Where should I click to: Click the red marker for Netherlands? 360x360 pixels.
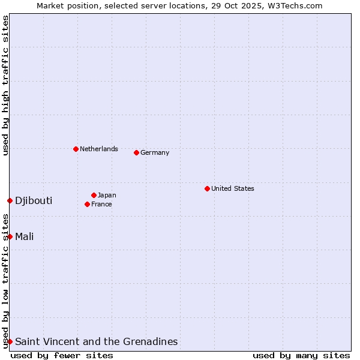[76, 149]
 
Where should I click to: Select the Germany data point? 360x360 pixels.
[136, 152]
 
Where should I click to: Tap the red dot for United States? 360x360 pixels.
[207, 188]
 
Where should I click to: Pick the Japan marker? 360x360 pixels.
[94, 195]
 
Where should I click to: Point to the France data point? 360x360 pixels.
[87, 204]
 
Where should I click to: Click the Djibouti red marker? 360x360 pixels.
[10, 200]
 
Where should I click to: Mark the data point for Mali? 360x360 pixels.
[10, 236]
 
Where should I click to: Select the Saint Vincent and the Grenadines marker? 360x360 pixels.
[10, 341]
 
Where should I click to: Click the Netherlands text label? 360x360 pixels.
[98, 149]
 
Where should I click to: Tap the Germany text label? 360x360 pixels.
[155, 152]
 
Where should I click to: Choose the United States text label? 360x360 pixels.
[232, 188]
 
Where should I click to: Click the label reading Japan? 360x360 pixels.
[107, 195]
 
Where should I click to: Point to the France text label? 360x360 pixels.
[101, 204]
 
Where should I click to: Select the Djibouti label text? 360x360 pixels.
[34, 200]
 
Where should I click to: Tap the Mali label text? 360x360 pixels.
[24, 236]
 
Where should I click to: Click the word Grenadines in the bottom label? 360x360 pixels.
[150, 341]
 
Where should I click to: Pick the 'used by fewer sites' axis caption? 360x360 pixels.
[62, 355]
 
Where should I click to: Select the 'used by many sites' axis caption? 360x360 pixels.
[301, 355]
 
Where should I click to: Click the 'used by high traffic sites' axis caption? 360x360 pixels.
[5, 85]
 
